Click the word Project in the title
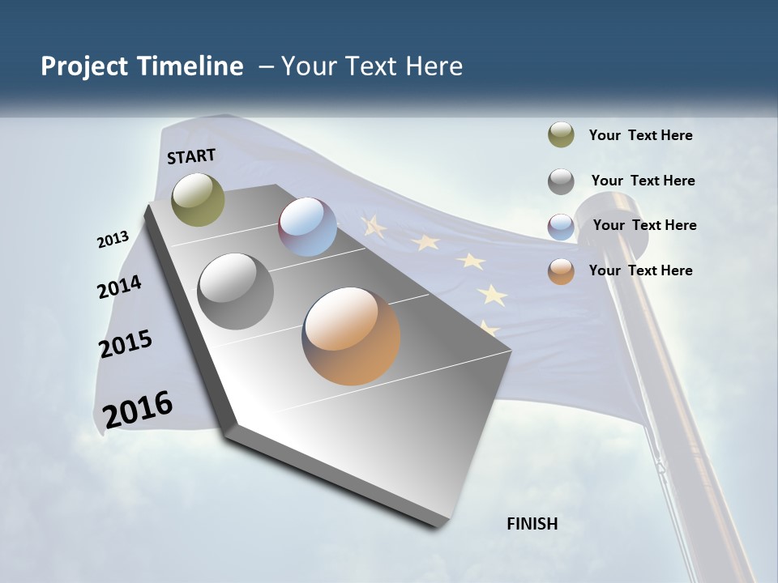pyautogui.click(x=85, y=66)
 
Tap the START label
pyautogui.click(x=191, y=156)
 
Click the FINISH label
pyautogui.click(x=532, y=524)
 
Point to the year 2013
pyautogui.click(x=113, y=240)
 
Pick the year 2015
pyautogui.click(x=126, y=344)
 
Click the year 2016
pyautogui.click(x=138, y=410)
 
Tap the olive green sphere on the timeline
pyautogui.click(x=199, y=199)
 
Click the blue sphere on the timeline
pyautogui.click(x=307, y=227)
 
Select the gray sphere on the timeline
pyautogui.click(x=236, y=291)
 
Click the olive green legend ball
pyautogui.click(x=561, y=135)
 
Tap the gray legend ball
pyautogui.click(x=561, y=181)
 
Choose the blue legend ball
pyautogui.click(x=561, y=227)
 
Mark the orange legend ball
pyautogui.click(x=561, y=271)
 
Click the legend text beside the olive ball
pyautogui.click(x=640, y=136)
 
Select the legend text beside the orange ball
pyautogui.click(x=640, y=270)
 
